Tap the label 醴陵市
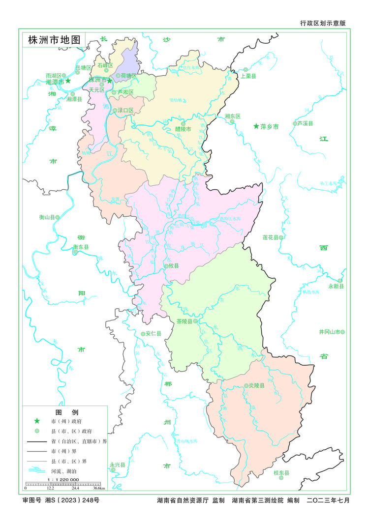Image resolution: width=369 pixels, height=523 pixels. (183, 129)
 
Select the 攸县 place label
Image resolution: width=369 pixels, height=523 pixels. (173, 265)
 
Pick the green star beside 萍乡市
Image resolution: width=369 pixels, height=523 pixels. (256, 127)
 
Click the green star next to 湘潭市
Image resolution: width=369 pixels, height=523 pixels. (68, 81)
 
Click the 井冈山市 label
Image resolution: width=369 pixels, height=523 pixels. (329, 332)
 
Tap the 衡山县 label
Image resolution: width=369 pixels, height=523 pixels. (47, 217)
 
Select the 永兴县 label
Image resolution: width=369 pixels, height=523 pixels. (118, 464)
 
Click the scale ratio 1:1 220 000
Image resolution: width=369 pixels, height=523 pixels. (63, 479)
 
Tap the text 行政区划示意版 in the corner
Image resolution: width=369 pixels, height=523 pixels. (323, 23)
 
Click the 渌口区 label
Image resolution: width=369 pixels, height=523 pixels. (125, 111)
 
